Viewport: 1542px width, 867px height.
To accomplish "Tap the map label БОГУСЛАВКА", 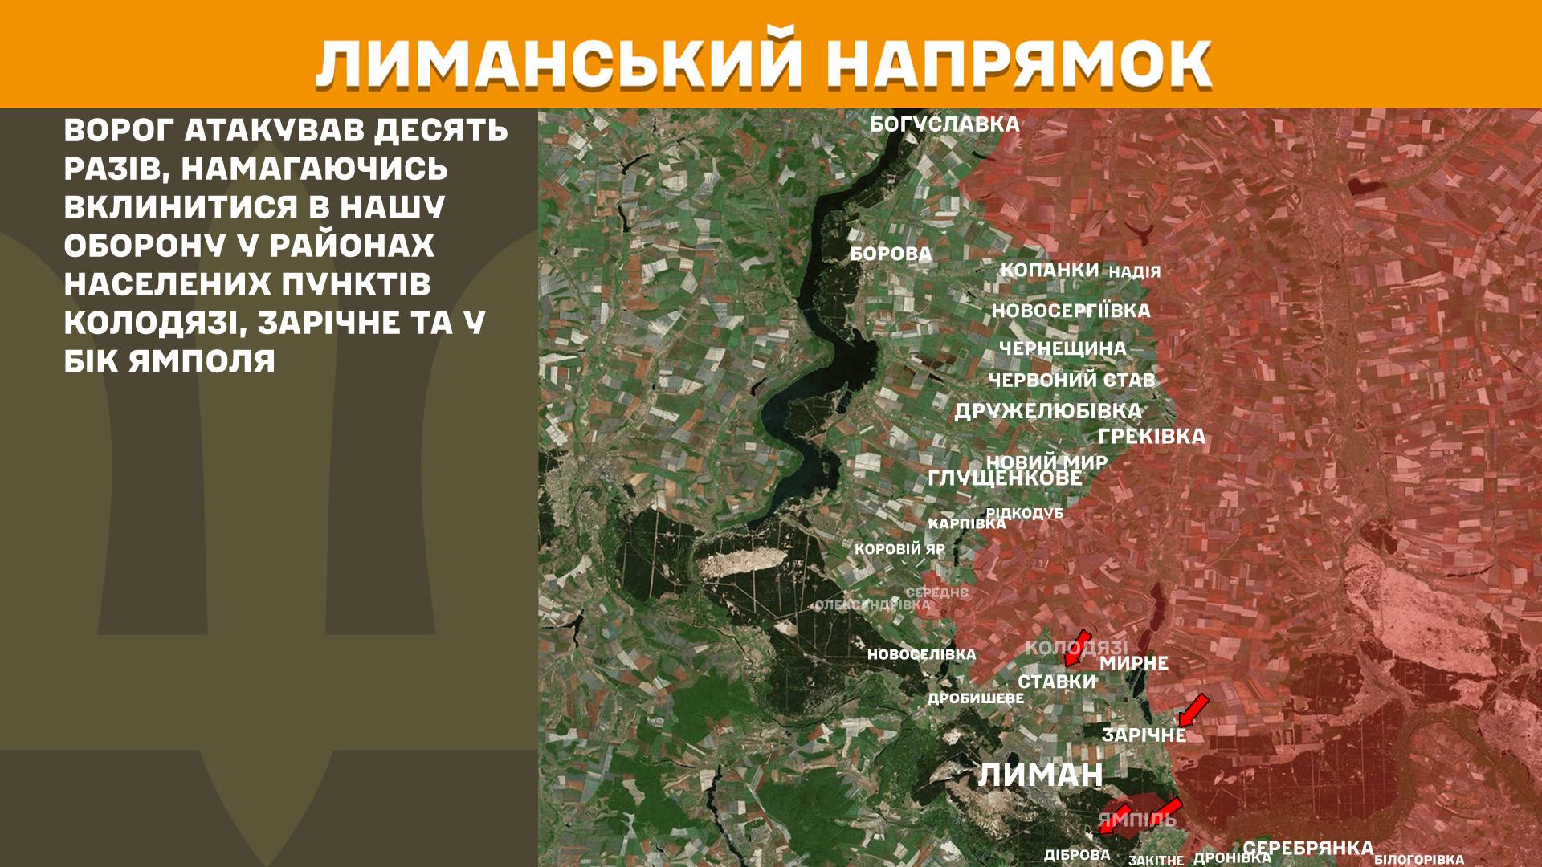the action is click(x=944, y=124).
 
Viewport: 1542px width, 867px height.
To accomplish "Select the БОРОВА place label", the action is click(x=891, y=254).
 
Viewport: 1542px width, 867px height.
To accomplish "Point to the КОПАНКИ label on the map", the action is click(x=1049, y=270).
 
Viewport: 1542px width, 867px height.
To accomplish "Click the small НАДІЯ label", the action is click(x=1134, y=271).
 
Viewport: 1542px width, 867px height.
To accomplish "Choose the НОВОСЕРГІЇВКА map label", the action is click(x=1071, y=311).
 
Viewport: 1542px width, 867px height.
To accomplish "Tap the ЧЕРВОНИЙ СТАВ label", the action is click(x=1071, y=380).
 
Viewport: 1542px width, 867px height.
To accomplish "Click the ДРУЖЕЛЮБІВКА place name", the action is click(x=1047, y=411).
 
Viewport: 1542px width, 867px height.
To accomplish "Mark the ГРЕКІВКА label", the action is click(x=1152, y=436).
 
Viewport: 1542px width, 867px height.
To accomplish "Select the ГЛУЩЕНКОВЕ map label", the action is click(x=1005, y=478).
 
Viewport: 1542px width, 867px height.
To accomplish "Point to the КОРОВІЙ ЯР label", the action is click(x=899, y=550).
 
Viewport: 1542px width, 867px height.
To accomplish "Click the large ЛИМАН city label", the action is click(x=1040, y=775).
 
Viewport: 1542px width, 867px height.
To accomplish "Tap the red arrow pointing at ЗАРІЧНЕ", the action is click(x=1193, y=709).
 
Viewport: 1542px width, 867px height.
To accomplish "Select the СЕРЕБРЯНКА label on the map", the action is click(x=1307, y=848).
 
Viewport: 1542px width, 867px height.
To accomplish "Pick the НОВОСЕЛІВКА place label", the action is click(x=921, y=655).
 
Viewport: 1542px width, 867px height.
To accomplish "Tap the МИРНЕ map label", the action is click(x=1133, y=663).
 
